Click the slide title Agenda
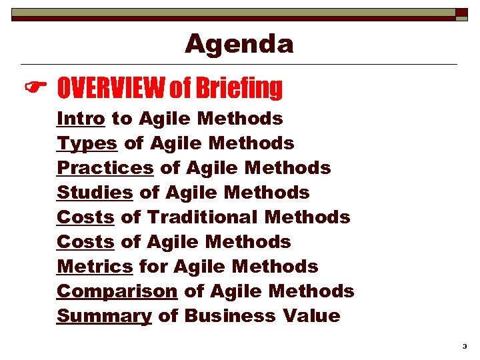point(239,44)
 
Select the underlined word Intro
point(81,119)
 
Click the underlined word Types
point(87,143)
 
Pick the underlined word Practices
point(105,168)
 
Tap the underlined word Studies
point(95,193)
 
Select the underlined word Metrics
point(95,267)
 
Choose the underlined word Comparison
point(117,291)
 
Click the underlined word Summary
point(104,316)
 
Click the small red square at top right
point(462,12)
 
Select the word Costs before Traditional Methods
point(85,217)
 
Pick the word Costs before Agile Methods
point(85,242)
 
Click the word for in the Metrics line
point(153,267)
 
